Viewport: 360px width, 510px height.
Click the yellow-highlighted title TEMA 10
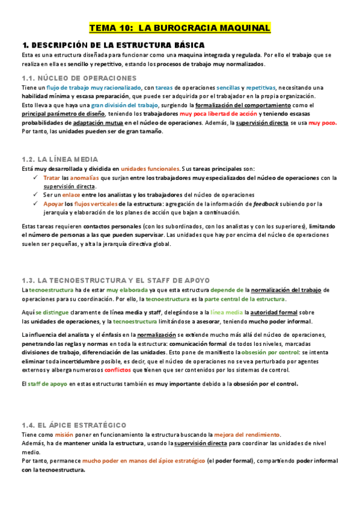coord(180,28)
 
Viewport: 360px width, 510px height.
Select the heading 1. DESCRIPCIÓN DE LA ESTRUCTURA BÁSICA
coord(112,45)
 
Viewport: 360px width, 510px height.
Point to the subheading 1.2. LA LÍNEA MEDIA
coord(59,159)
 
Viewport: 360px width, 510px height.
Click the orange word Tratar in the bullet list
coord(52,178)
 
